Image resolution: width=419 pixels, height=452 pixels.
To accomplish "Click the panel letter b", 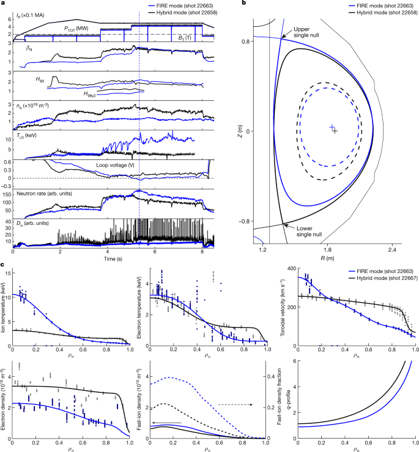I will coord(244,4).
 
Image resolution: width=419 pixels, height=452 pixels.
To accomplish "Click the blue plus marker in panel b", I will coord(332,127).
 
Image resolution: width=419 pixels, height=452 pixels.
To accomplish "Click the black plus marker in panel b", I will coord(335,131).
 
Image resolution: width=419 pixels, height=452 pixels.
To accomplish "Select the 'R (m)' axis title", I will coord(328,258).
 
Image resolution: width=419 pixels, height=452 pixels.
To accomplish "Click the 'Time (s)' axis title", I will coord(112,257).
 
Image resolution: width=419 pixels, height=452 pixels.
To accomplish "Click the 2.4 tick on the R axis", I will coord(391,250).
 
